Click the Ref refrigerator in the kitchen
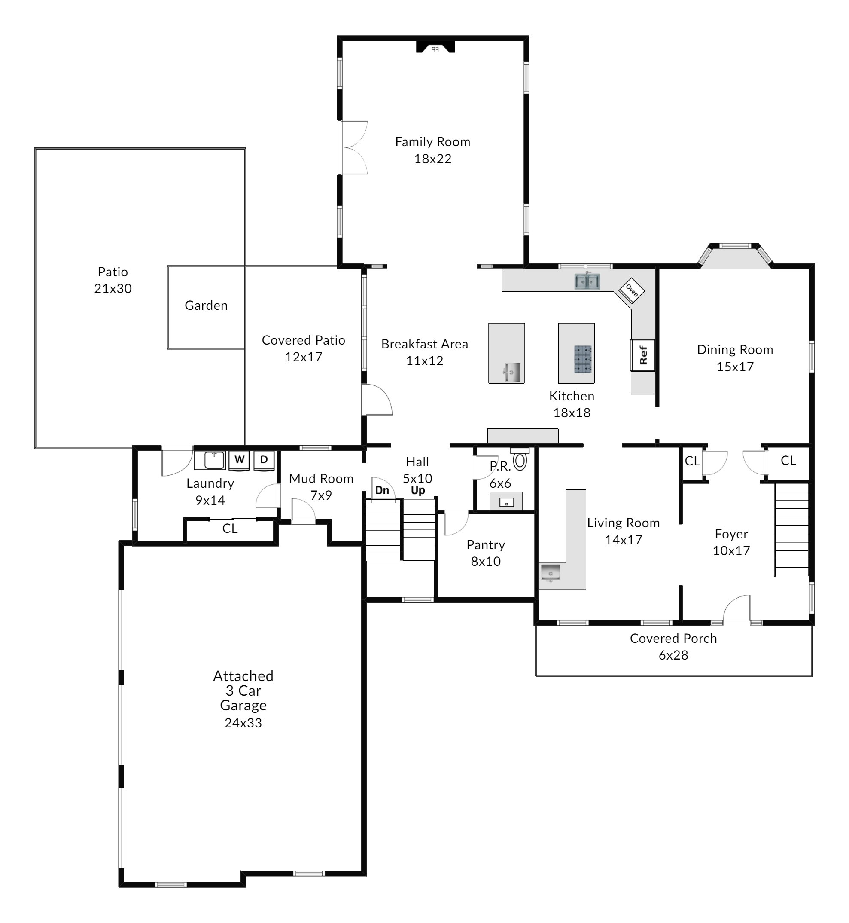pos(642,355)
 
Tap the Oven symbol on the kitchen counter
pos(632,290)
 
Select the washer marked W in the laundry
pos(239,461)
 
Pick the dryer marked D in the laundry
pos(264,461)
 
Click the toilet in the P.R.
pos(520,459)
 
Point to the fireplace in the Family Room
pos(435,47)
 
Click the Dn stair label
pos(382,490)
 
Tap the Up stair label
pos(418,490)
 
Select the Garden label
pos(206,305)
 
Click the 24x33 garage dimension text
pos(243,723)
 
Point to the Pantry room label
pos(486,545)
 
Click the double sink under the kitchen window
pos(587,281)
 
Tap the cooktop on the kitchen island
pos(583,359)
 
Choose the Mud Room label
pos(321,479)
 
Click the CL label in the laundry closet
pos(230,529)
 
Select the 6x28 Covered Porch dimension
pos(673,655)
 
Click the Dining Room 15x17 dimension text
pos(735,367)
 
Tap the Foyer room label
pos(731,534)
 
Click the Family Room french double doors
pos(353,147)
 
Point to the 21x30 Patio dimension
pos(113,289)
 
